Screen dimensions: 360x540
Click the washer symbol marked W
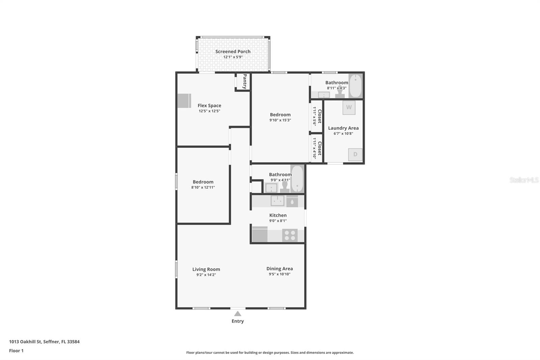[x=349, y=107]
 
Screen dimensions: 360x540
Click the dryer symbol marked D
[x=355, y=155]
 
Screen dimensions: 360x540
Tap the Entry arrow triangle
[x=238, y=314]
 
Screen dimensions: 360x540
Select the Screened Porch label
[x=233, y=51]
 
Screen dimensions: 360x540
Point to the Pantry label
[x=245, y=81]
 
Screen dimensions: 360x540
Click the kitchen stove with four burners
[x=290, y=235]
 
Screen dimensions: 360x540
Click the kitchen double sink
[x=277, y=201]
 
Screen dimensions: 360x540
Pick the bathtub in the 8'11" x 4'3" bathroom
[x=355, y=86]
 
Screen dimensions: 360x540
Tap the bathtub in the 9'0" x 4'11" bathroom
[x=297, y=179]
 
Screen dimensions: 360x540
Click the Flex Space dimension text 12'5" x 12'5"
[x=209, y=111]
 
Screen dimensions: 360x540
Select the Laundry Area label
[x=343, y=128]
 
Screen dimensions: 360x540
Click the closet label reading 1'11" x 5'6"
[x=317, y=116]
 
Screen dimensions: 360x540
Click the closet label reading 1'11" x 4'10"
[x=317, y=148]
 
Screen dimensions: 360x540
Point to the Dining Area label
[x=279, y=268]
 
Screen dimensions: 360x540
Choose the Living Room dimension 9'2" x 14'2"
[x=206, y=275]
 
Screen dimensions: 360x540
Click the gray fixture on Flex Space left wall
[x=184, y=101]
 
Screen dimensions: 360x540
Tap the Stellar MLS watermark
[x=524, y=180]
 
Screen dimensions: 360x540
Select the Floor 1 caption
[x=16, y=351]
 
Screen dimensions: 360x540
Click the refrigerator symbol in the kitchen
[x=260, y=234]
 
